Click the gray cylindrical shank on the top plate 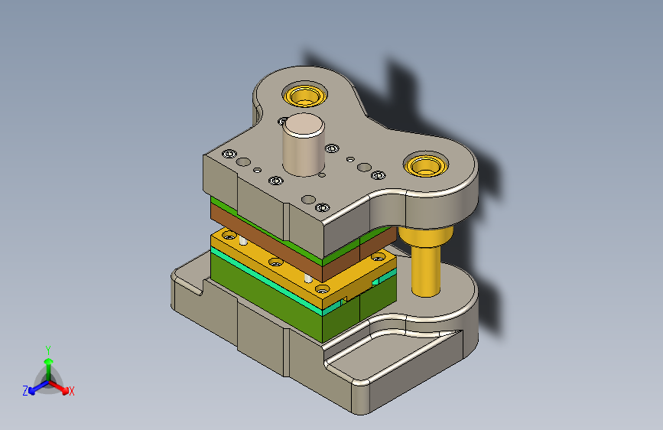(x=303, y=146)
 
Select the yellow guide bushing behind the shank (x=304, y=95)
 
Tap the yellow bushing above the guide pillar (x=425, y=165)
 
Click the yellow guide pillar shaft (x=426, y=271)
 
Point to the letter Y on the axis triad (x=48, y=350)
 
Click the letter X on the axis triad (x=72, y=391)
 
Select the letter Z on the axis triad (x=25, y=390)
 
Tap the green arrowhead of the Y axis (x=49, y=361)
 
